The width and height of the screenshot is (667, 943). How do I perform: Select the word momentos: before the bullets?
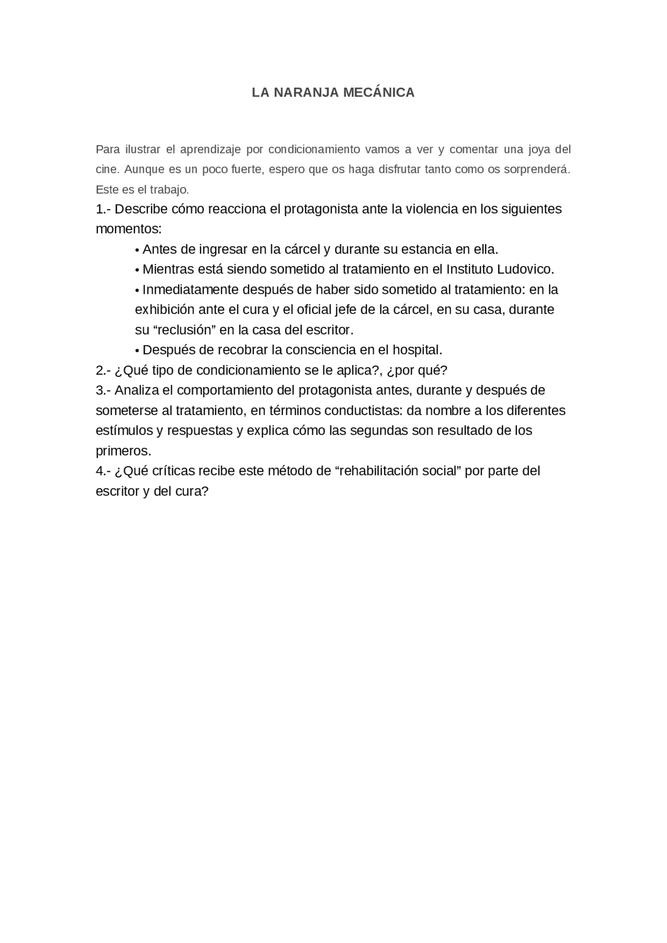[x=129, y=229]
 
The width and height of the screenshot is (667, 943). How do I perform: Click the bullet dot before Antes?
[x=137, y=250]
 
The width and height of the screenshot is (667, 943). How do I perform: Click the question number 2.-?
[x=103, y=371]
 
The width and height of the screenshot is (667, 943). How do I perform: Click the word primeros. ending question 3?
[x=123, y=451]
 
